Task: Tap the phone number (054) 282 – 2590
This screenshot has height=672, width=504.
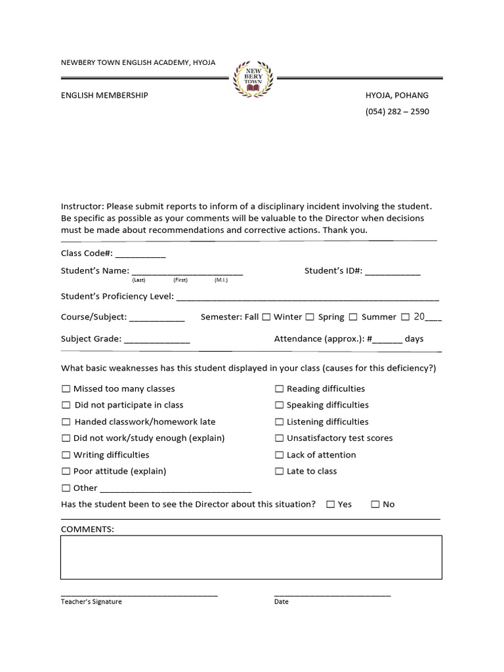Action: [397, 112]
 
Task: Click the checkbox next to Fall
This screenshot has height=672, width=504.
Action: [266, 317]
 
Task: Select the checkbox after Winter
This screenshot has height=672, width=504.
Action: [310, 317]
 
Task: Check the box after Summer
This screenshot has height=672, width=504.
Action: [404, 317]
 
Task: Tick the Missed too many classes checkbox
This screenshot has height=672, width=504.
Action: [66, 388]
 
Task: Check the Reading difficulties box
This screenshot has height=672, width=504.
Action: [279, 388]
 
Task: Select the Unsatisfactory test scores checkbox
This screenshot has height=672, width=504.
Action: [279, 438]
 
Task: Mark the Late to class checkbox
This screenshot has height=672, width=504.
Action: [279, 471]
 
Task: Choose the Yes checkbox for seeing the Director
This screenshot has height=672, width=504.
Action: [330, 505]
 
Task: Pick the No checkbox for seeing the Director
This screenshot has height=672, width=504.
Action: [375, 505]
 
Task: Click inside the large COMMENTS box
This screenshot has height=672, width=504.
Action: [251, 557]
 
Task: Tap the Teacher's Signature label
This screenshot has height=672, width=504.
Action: [91, 602]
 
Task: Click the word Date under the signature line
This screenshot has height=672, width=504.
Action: [281, 602]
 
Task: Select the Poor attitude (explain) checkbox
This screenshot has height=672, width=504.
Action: [66, 471]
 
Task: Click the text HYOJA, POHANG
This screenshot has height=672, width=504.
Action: [396, 95]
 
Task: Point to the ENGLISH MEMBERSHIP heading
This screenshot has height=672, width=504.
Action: [104, 95]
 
